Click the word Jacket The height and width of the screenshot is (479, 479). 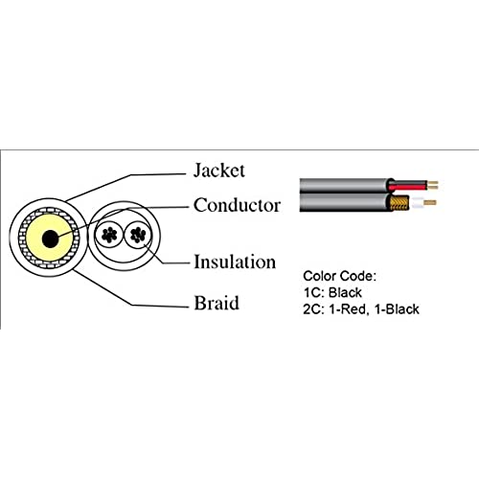click(x=219, y=171)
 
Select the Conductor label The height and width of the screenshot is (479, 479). click(x=237, y=205)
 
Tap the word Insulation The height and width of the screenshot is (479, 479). click(x=235, y=262)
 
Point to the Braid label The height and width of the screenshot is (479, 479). click(x=217, y=303)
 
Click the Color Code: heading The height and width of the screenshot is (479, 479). click(x=340, y=276)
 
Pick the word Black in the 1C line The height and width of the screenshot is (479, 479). click(x=345, y=292)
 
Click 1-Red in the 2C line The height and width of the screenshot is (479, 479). click(x=349, y=309)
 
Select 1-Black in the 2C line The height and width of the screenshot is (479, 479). click(x=397, y=309)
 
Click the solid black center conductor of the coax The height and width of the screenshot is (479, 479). click(x=50, y=239)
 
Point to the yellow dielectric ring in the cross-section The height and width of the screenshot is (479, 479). click(x=34, y=238)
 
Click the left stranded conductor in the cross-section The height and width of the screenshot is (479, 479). click(x=109, y=235)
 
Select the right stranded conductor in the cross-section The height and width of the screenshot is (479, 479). click(x=138, y=235)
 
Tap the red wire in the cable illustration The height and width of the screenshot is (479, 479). click(x=408, y=186)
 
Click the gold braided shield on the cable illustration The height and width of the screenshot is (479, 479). click(x=399, y=203)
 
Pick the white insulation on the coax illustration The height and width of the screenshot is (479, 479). click(x=418, y=203)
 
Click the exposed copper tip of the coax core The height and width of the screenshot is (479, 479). click(x=430, y=202)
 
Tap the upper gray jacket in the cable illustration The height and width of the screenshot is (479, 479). click(x=345, y=186)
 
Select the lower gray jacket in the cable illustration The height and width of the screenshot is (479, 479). click(x=344, y=202)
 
